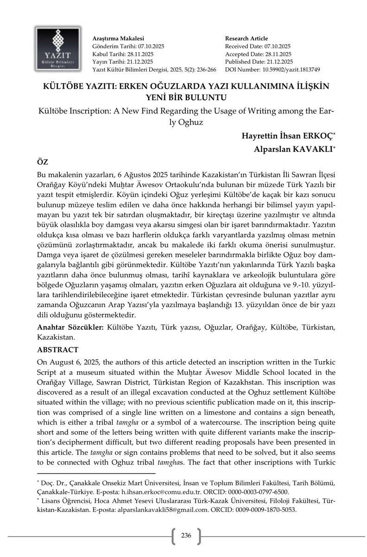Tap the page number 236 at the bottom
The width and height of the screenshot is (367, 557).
tap(186, 536)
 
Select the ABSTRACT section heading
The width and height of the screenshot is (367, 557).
tap(57, 349)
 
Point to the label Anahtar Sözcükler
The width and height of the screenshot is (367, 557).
tap(70, 328)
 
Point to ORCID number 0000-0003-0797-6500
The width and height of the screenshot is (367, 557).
tap(261, 492)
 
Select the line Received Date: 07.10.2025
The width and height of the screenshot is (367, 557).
tap(258, 46)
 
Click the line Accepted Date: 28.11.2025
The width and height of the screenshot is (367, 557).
tap(258, 54)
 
